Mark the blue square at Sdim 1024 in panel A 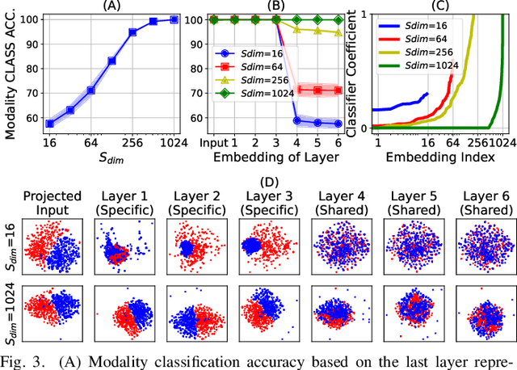174,19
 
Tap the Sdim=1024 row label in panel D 9,315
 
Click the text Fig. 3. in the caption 23,360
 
